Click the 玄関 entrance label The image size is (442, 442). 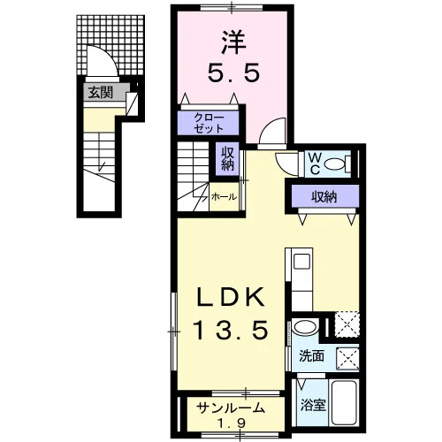tap(101, 92)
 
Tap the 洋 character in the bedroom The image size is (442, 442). tap(233, 42)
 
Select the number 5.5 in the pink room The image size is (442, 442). tap(233, 72)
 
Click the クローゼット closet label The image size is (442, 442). tap(209, 123)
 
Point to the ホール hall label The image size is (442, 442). tap(224, 197)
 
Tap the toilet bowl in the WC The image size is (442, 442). tap(335, 164)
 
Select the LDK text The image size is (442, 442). tap(231, 297)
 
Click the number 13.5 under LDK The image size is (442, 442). tap(231, 330)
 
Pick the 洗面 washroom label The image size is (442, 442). tap(311, 356)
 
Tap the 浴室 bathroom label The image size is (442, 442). tap(313, 405)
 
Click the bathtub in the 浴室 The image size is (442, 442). tap(344, 402)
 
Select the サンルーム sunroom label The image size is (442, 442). tap(231, 408)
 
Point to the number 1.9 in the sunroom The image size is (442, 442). tap(232, 423)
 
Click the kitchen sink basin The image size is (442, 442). tap(302, 262)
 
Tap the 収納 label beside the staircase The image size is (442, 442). tap(227, 159)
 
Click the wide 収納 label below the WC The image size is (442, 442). tap(324, 196)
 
